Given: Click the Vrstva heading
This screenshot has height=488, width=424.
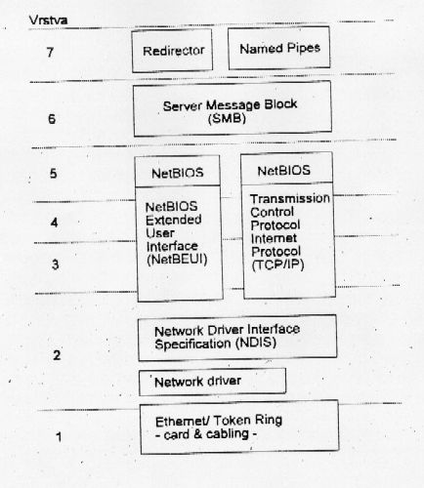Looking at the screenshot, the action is (x=48, y=20).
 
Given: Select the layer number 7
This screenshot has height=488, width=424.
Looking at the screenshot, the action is (x=50, y=52).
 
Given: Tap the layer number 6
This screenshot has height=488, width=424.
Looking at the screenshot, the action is (x=52, y=119).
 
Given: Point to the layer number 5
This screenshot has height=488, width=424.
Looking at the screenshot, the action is (x=54, y=174).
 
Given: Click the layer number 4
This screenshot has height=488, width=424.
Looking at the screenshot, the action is (x=55, y=223).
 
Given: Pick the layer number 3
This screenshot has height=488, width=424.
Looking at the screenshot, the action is (x=56, y=264).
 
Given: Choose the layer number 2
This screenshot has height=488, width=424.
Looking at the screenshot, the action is (x=57, y=355).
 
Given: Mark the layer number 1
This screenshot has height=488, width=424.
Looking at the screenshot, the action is (x=59, y=436).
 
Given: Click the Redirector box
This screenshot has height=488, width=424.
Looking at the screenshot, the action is (x=172, y=51).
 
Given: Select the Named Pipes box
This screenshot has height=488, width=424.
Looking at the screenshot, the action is (x=279, y=48).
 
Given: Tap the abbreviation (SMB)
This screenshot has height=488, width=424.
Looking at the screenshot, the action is (x=227, y=118).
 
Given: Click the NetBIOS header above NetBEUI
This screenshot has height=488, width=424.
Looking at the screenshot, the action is (x=178, y=173).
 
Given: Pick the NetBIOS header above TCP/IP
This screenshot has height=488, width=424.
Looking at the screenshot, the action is (x=284, y=171).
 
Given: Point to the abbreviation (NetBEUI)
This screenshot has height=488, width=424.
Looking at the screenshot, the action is (x=177, y=260).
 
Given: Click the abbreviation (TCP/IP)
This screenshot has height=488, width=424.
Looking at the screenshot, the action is (x=277, y=264).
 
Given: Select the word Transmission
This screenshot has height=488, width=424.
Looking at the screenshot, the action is (x=290, y=198).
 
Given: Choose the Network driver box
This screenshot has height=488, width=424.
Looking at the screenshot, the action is (x=212, y=382).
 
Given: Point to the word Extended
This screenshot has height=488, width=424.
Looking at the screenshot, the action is (x=173, y=220).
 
